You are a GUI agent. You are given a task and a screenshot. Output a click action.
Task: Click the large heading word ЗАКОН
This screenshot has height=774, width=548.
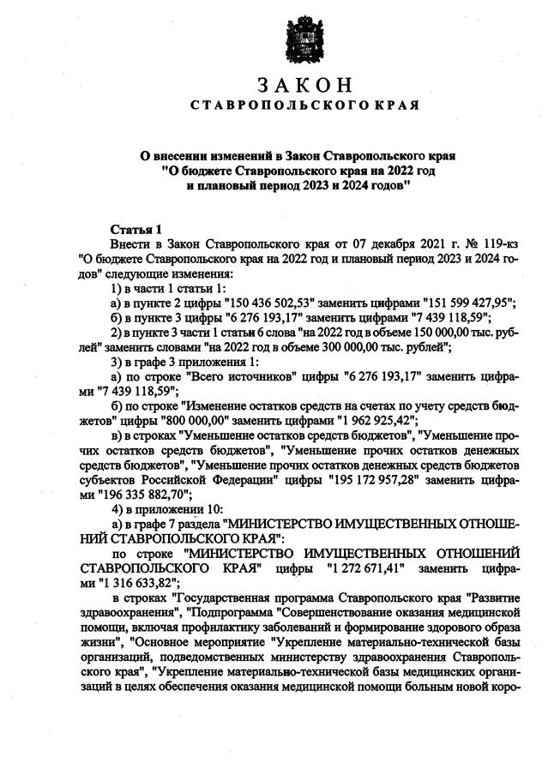(x=304, y=85)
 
